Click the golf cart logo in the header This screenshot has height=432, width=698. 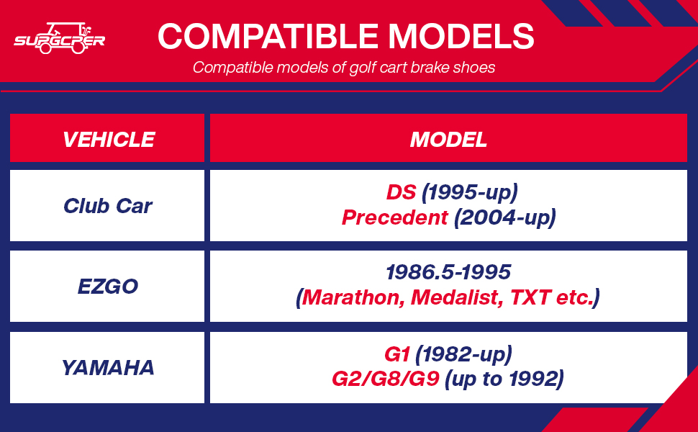[x=60, y=38]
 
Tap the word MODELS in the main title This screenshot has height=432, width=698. [x=461, y=36]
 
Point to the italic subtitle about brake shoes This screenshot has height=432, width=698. [x=344, y=68]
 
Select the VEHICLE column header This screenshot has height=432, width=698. [x=108, y=140]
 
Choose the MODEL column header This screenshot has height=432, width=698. [x=448, y=140]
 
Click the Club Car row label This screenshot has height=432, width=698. [x=108, y=206]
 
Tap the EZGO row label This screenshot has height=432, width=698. [x=108, y=287]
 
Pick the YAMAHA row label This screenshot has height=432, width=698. [x=108, y=368]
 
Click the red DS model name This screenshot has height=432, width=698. [x=401, y=192]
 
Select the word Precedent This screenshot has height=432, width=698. [x=394, y=217]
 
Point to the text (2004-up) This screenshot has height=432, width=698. [x=505, y=218]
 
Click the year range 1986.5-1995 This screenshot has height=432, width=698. [x=448, y=272]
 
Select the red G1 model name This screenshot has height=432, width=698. [x=396, y=354]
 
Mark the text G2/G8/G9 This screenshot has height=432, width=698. [x=386, y=379]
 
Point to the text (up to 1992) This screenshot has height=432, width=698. [x=504, y=379]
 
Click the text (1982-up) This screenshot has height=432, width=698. [x=463, y=355]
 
